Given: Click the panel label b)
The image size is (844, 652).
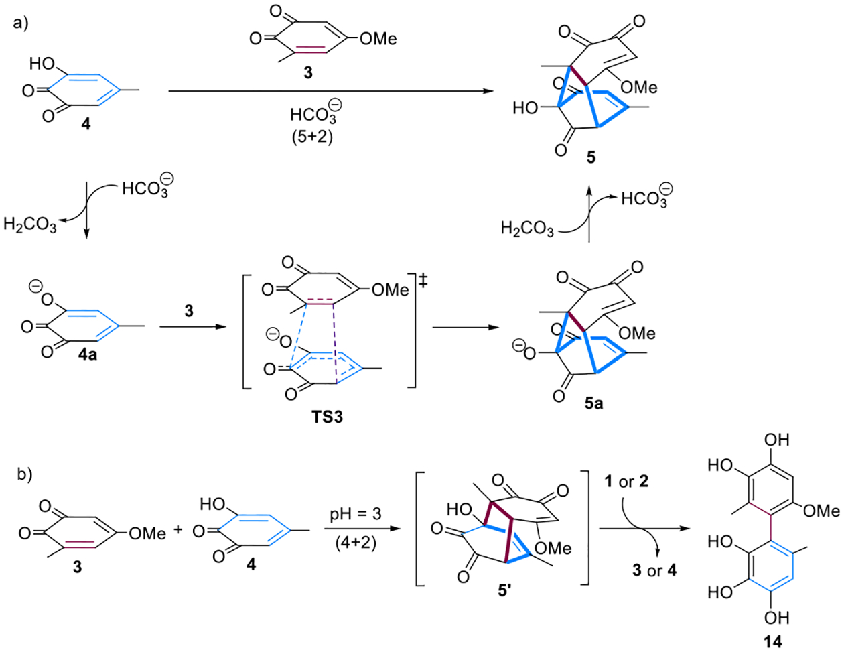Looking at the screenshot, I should [24, 474].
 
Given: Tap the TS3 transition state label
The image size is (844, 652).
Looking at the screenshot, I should [327, 417].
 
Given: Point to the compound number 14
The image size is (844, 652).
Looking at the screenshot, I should [772, 641].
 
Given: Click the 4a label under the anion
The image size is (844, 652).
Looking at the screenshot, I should [87, 355].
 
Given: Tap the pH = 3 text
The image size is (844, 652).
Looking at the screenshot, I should [355, 514].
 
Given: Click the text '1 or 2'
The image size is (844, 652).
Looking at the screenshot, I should [626, 482].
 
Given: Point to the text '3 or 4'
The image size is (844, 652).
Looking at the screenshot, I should [654, 570].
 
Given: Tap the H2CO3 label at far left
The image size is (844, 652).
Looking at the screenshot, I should [30, 224].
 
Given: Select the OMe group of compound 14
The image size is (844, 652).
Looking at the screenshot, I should [821, 511].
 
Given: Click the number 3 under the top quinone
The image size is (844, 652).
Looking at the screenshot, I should [308, 72].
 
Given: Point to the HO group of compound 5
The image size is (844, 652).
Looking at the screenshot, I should [525, 108].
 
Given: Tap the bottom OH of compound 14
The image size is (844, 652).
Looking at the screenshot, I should [776, 617].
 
